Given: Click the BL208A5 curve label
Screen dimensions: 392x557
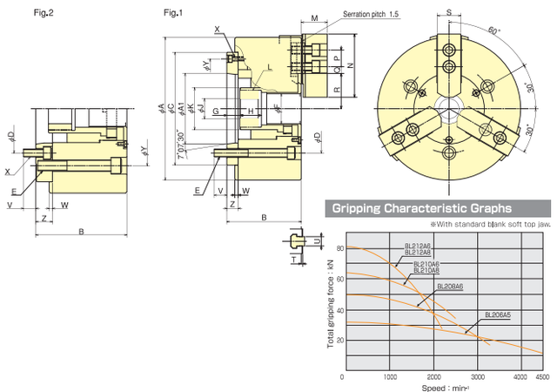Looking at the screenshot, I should click(500, 314).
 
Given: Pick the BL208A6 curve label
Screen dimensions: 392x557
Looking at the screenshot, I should click(450, 286).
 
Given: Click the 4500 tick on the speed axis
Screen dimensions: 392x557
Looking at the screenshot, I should click(544, 377).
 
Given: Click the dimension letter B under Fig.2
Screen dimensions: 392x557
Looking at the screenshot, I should click(81, 232).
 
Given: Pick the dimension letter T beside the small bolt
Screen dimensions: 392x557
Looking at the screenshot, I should click(294, 259).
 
